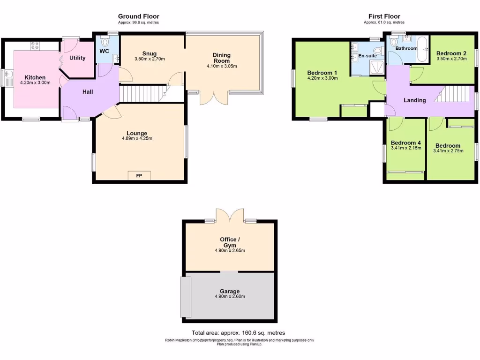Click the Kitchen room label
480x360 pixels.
click(35, 77)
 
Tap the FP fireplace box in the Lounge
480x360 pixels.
click(139, 176)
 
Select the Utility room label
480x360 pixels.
click(77, 58)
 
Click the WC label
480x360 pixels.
click(104, 51)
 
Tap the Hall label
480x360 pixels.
click(88, 92)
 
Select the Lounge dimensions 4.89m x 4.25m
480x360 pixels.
click(136, 138)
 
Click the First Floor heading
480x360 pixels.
click(384, 16)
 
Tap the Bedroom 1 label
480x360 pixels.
click(322, 73)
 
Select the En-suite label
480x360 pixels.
click(368, 56)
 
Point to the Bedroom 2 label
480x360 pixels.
click(451, 53)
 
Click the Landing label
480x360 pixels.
click(415, 100)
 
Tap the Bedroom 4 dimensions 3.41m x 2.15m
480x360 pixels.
click(406, 148)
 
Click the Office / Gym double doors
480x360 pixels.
click(230, 216)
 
